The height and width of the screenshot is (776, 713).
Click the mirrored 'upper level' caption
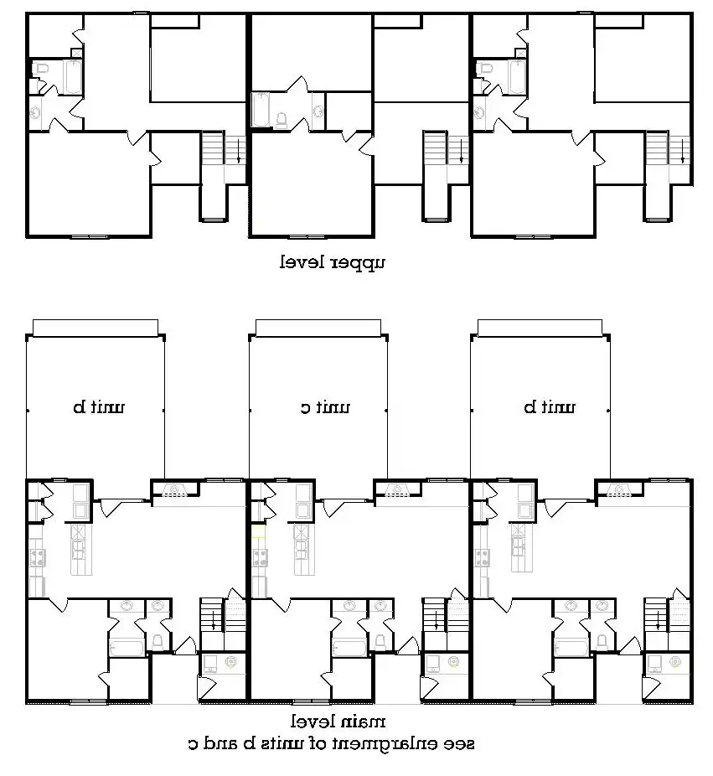333,262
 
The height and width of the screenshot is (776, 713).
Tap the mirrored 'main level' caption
338,722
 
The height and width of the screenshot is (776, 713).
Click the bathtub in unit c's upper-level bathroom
261,109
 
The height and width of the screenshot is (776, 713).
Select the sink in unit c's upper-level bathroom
318,110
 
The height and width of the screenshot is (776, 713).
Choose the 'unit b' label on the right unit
550,408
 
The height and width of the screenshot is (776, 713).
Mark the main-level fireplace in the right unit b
618,492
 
